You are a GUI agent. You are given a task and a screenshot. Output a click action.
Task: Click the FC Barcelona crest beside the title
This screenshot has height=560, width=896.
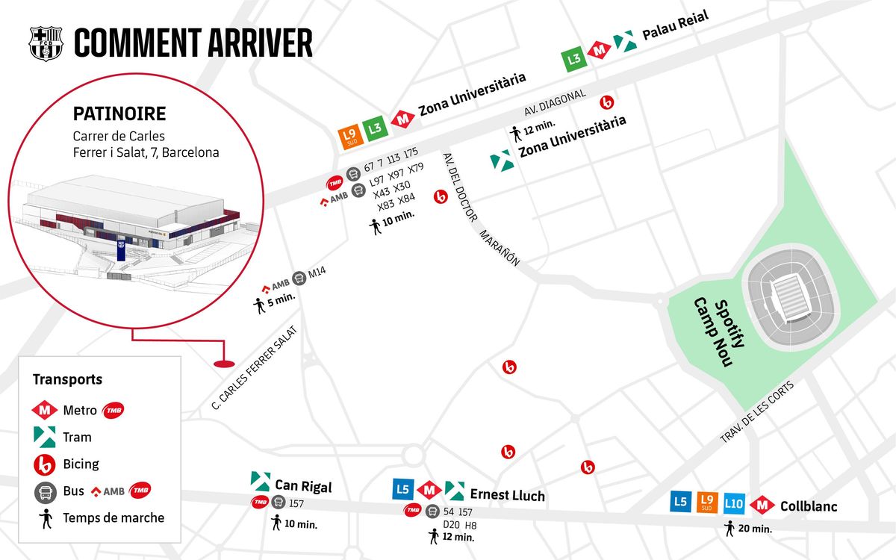click(x=46, y=43)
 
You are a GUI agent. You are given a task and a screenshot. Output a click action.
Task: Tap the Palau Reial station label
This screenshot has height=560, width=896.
click(x=675, y=25)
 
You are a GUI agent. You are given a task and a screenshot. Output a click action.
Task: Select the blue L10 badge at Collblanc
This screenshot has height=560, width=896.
click(x=734, y=503)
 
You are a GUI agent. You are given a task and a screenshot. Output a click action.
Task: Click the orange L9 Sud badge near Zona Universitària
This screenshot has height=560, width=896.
click(x=350, y=137)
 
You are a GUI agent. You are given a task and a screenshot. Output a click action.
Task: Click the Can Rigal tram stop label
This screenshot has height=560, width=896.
click(x=304, y=486)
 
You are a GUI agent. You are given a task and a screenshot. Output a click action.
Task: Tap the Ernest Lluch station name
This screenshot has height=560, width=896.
click(x=507, y=495)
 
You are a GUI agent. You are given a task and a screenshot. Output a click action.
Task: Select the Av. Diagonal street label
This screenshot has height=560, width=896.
click(x=555, y=103)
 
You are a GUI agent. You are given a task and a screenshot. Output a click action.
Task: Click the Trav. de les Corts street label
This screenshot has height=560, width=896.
click(x=757, y=412)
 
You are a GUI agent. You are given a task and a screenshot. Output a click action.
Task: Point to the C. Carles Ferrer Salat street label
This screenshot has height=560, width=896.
click(x=255, y=368)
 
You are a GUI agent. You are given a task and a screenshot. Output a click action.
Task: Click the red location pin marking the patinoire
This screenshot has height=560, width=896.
click(x=224, y=364)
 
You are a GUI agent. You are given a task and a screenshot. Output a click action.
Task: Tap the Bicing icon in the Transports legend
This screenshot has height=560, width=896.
click(x=44, y=464)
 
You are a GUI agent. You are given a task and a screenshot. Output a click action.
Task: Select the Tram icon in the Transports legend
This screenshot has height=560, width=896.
click(x=44, y=437)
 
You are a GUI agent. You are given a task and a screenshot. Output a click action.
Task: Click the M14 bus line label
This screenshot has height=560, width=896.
click(x=317, y=273)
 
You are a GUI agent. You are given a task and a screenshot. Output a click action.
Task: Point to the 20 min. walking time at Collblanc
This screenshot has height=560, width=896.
click(x=755, y=529)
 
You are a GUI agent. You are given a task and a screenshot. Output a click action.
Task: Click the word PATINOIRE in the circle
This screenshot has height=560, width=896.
click(x=119, y=113)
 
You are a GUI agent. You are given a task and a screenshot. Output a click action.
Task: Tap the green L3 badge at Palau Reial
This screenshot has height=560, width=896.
click(x=573, y=59)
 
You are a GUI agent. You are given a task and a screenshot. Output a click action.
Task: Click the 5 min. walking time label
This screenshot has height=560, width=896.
click(x=281, y=299)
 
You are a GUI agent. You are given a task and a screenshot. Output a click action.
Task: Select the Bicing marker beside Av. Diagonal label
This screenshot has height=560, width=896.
click(x=607, y=103)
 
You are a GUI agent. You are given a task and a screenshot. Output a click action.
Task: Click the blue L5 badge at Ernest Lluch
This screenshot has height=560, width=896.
click(x=402, y=489)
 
